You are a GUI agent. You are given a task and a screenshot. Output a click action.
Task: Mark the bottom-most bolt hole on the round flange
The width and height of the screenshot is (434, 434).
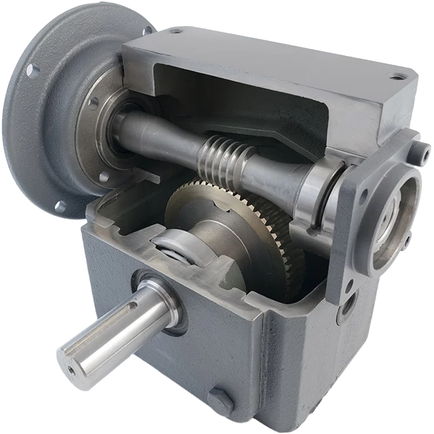(60, 206)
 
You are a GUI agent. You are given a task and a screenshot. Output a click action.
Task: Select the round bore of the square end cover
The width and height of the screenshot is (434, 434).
(395, 214)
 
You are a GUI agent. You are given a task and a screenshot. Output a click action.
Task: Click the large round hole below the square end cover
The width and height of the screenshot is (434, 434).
(348, 304)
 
